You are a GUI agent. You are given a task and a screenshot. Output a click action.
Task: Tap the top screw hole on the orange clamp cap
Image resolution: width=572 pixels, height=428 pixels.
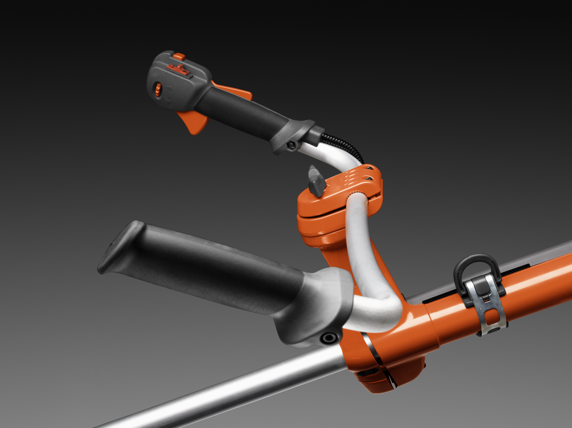(x=369, y=168)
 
